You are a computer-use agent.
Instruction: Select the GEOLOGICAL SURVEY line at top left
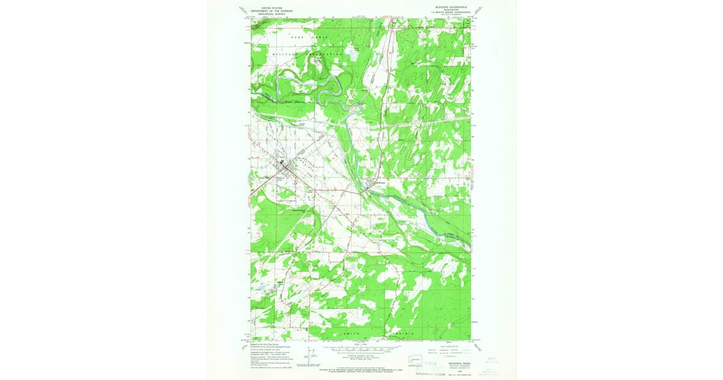point(271,14)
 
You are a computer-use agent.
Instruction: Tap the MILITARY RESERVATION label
point(308,54)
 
